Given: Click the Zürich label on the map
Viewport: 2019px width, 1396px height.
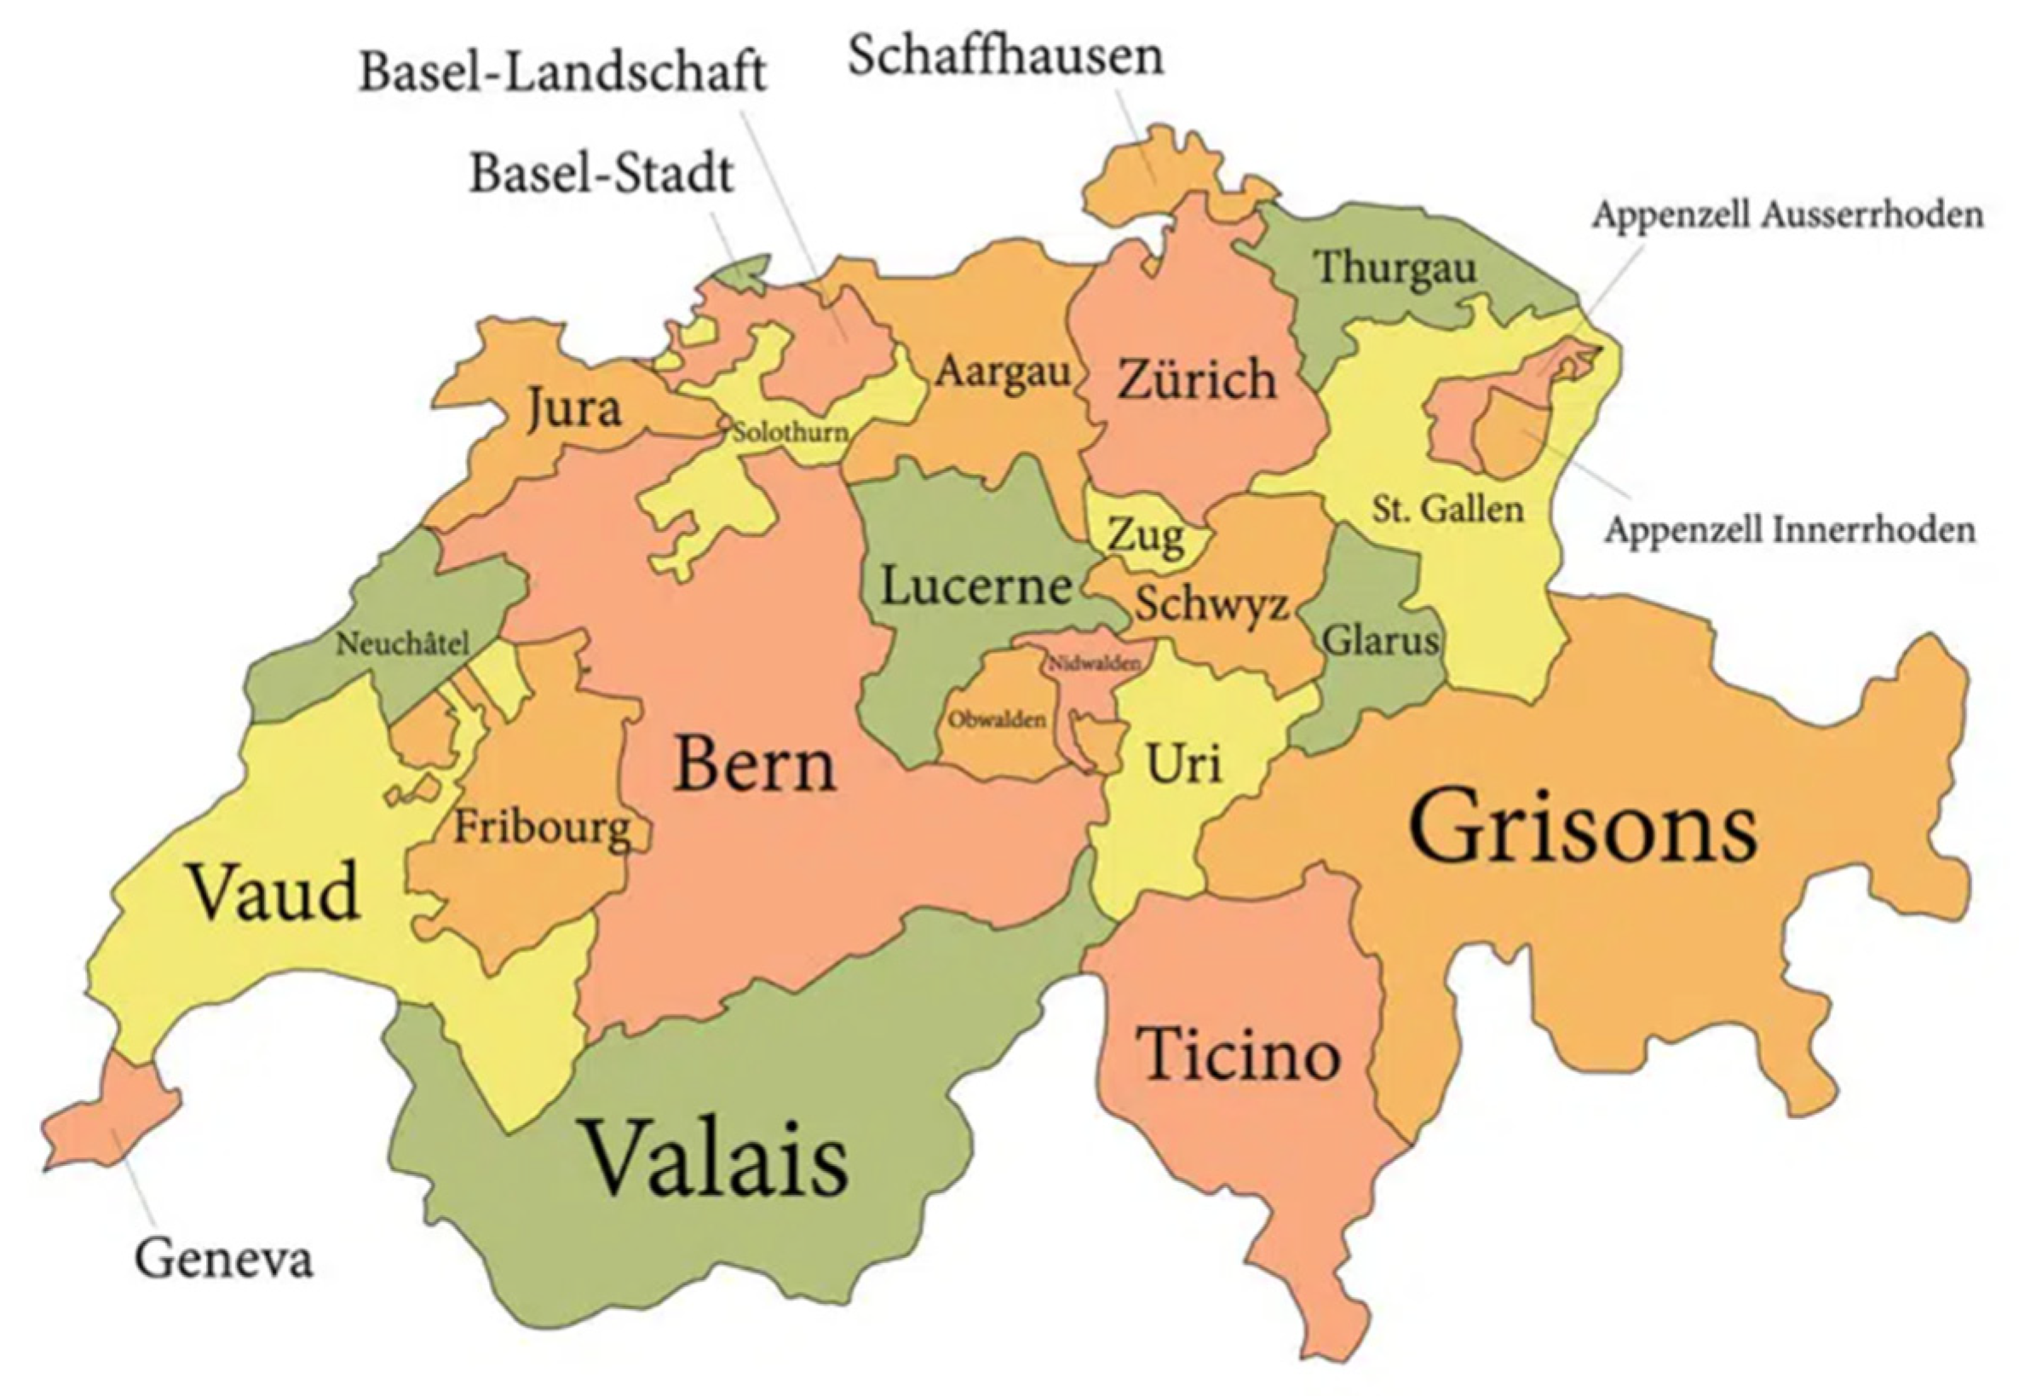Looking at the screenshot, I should point(1196,380).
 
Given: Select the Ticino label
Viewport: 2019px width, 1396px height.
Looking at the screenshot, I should point(1237,1054).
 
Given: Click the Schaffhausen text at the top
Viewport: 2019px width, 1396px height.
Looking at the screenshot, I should point(1005,56).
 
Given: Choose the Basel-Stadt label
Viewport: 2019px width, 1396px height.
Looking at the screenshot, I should point(601,173).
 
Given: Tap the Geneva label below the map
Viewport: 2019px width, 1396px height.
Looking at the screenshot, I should point(224,1260).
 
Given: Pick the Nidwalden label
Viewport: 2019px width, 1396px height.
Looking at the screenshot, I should point(1094,663).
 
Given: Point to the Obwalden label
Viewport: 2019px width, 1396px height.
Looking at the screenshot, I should point(997,720).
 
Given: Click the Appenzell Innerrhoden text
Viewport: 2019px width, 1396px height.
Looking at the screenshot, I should point(1789,530).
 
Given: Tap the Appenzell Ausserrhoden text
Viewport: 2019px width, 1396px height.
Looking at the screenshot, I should point(1786,214).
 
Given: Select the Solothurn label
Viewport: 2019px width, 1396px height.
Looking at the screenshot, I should point(790,432).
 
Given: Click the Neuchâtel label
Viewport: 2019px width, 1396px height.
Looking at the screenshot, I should point(402,644).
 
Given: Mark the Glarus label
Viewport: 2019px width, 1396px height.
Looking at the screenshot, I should point(1380,641).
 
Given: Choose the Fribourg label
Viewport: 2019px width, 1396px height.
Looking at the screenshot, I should point(541,828).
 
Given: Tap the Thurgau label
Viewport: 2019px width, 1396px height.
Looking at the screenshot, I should point(1395,268).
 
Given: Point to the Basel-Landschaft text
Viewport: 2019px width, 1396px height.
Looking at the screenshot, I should point(563,72).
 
